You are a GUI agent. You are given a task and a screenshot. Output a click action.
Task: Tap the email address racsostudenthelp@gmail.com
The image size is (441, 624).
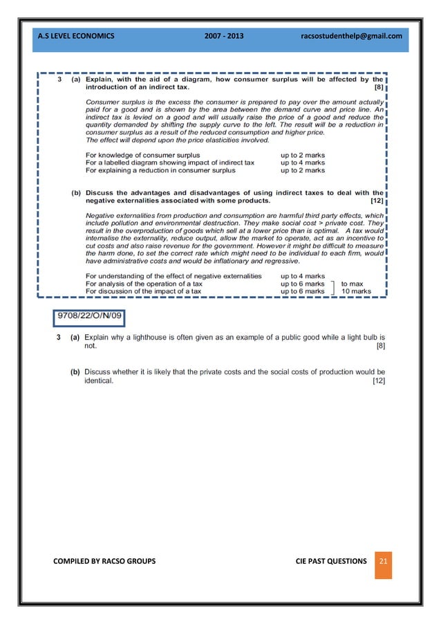(352, 35)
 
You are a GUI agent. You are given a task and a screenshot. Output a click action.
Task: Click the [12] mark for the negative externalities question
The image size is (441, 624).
(377, 201)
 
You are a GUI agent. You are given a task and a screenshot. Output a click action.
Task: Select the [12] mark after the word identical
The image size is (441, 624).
(378, 380)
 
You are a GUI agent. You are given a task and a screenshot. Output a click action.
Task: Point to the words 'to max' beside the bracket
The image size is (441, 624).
(352, 284)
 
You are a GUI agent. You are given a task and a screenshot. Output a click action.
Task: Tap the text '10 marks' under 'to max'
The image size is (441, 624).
(356, 292)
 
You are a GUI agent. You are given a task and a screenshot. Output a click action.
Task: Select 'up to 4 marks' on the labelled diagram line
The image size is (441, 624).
(302, 163)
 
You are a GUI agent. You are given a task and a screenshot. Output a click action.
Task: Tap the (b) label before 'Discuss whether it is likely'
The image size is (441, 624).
(75, 372)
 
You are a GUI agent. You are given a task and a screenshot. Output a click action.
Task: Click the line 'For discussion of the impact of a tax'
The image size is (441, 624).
(144, 292)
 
